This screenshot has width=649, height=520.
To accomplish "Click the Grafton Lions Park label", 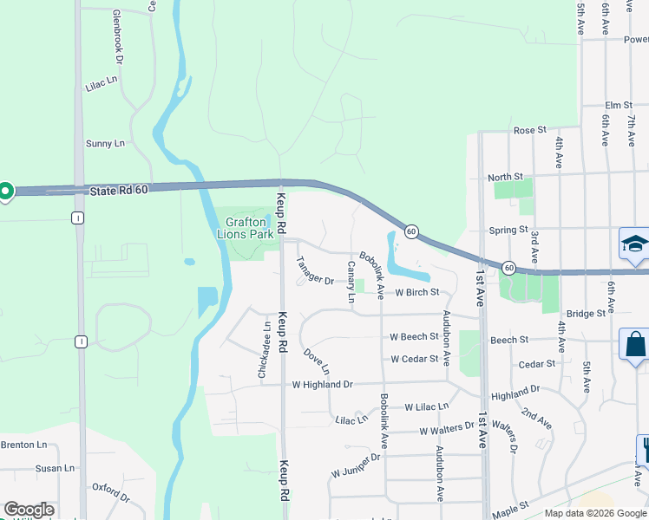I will tap(250, 228).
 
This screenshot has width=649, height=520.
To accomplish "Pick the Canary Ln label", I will tap(351, 283).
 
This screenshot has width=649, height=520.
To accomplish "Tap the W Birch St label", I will tap(417, 293).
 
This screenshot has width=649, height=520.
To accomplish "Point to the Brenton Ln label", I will tap(23, 445).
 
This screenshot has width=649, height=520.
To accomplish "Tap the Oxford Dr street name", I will tap(110, 497).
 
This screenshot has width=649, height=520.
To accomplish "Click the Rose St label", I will tap(529, 130).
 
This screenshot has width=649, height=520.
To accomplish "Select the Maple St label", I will tap(511, 505).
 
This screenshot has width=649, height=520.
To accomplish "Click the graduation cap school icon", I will tap(634, 244).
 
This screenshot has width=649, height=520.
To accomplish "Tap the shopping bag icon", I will tap(634, 344).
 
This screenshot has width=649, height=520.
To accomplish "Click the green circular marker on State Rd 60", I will tap(5, 191).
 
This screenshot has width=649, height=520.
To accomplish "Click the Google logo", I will tap(29, 510).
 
